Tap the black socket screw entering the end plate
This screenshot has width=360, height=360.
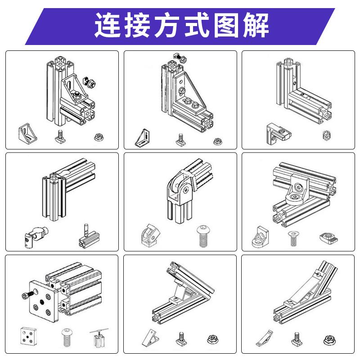coord(26,295)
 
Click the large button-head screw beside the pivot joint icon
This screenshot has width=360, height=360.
coord(203,237)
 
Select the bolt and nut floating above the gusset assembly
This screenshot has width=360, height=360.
coord(180,58)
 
